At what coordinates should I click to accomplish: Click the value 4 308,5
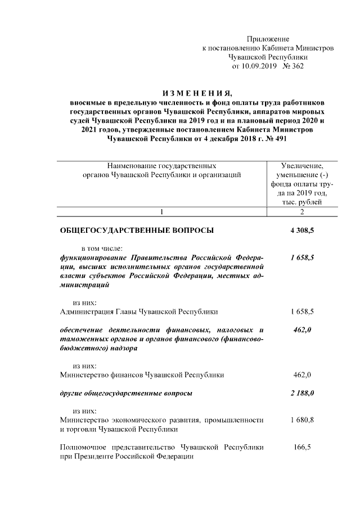(302, 230)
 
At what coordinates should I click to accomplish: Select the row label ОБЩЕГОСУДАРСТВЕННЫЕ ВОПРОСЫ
(137, 230)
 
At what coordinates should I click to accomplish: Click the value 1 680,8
(302, 420)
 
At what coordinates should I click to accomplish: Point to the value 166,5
(302, 447)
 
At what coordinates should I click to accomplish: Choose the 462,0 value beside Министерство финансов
(302, 374)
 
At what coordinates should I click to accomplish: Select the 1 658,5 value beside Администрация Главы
(302, 311)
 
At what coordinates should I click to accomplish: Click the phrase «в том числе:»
(106, 248)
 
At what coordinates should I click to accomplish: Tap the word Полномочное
(83, 447)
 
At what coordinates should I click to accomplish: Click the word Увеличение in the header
(302, 166)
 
